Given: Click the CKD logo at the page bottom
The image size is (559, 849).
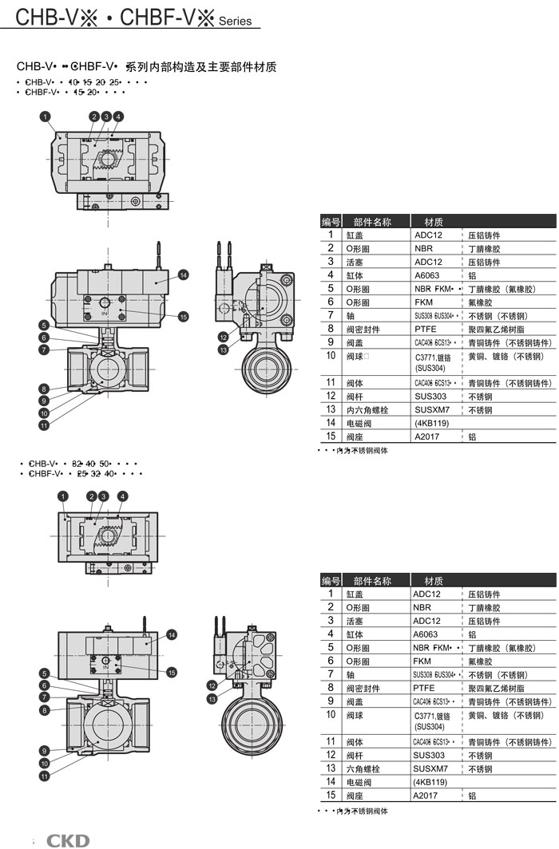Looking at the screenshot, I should pos(68,839).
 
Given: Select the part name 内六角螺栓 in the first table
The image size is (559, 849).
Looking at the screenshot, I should pos(367,409).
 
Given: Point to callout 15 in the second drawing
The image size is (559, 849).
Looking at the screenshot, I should pos(172,650).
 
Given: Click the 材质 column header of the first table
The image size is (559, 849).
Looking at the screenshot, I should pos(434,222).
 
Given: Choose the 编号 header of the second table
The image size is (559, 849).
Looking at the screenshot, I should pos(331,580).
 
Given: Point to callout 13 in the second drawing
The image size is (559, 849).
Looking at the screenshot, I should pos(212,699).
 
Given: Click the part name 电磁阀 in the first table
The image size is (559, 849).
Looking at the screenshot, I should pos(359,423).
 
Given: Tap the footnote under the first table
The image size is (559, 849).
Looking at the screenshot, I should pos(353,451).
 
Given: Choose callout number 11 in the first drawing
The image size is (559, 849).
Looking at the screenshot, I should pos(44,425).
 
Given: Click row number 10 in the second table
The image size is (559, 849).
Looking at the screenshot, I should pos(331,713).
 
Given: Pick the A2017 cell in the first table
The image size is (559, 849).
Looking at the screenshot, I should pos(427,436).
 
